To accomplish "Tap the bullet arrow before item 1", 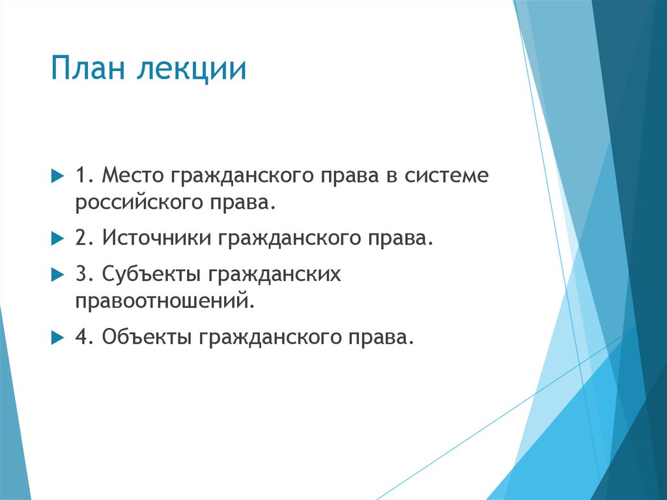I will [x=56, y=177].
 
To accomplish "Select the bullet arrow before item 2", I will [x=56, y=239].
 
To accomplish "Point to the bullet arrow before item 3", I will [x=56, y=275].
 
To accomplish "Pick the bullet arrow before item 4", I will [x=56, y=338].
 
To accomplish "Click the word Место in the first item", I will [x=135, y=177].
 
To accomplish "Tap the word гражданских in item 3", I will [x=276, y=274].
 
